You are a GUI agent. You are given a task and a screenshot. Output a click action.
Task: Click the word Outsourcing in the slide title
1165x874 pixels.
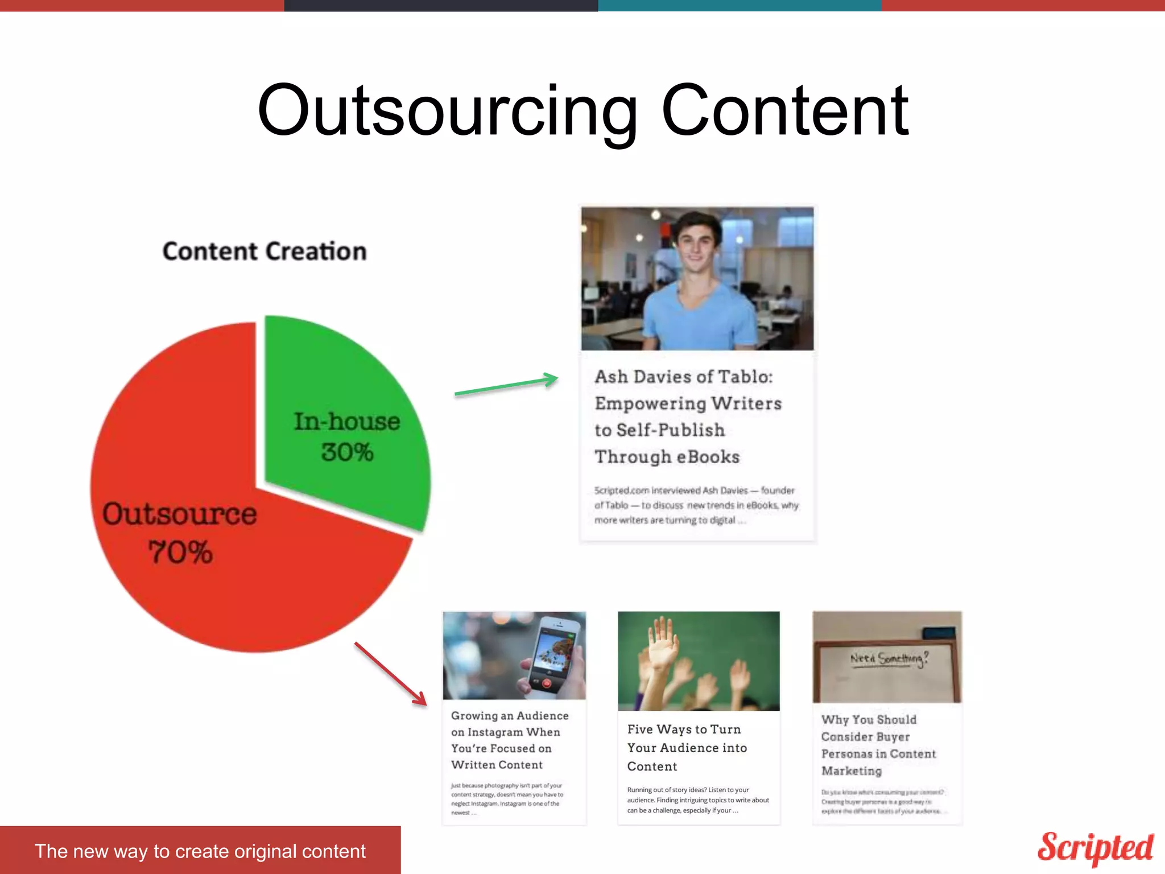point(447,111)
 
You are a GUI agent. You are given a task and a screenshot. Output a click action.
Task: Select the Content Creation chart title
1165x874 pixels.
point(265,251)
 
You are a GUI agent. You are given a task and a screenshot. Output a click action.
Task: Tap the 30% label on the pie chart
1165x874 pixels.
point(347,453)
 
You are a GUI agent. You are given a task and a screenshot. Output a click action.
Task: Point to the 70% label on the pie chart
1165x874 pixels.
point(180,553)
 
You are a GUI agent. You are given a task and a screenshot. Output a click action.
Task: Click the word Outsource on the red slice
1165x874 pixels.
point(179,514)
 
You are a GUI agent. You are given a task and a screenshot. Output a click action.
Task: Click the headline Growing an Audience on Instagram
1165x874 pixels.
point(509,740)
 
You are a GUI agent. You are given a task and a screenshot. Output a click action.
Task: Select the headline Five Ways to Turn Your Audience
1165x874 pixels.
point(687,748)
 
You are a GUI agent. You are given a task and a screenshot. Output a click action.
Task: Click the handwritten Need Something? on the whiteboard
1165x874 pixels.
point(889,659)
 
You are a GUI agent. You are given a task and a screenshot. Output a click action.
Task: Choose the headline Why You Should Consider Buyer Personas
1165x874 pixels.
point(878,745)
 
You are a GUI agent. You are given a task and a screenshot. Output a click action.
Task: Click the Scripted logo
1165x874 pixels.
point(1094,848)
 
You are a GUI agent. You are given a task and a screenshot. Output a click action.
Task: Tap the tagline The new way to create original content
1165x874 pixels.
point(200,851)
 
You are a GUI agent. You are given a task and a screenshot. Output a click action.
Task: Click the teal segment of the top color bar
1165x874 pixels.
point(740,5)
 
